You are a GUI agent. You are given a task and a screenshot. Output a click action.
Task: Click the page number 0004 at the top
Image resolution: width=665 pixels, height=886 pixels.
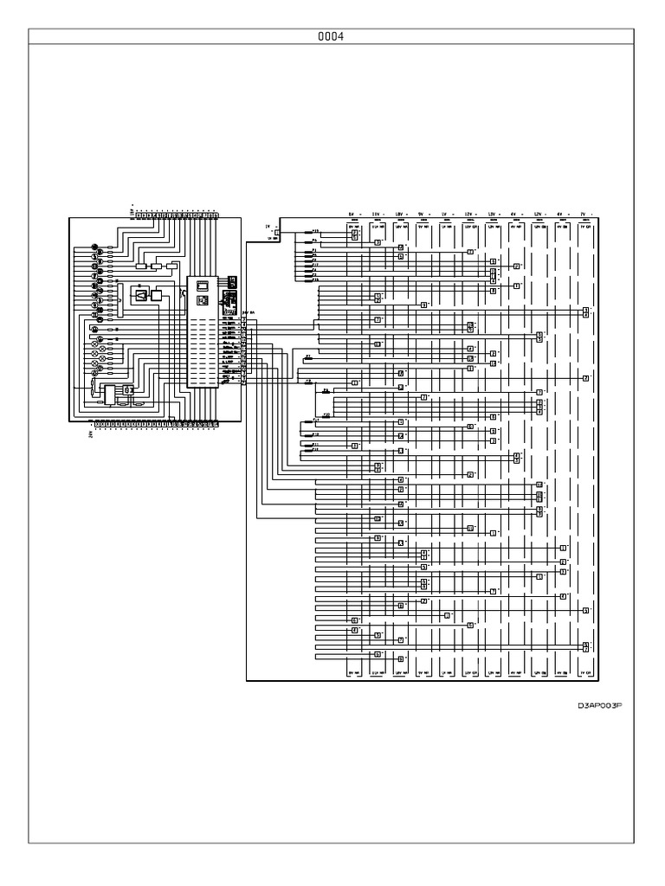(x=332, y=36)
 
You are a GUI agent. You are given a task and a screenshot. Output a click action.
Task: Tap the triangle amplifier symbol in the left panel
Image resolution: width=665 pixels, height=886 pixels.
(x=140, y=296)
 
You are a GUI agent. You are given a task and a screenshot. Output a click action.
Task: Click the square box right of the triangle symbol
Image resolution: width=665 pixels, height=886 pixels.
(x=157, y=296)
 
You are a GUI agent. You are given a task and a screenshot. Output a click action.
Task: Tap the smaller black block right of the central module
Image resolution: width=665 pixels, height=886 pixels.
(x=232, y=281)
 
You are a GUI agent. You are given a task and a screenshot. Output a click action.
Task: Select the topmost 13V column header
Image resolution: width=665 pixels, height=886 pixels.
(x=492, y=213)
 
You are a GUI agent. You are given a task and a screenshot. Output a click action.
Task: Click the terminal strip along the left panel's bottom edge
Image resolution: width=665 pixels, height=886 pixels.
(x=156, y=424)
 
